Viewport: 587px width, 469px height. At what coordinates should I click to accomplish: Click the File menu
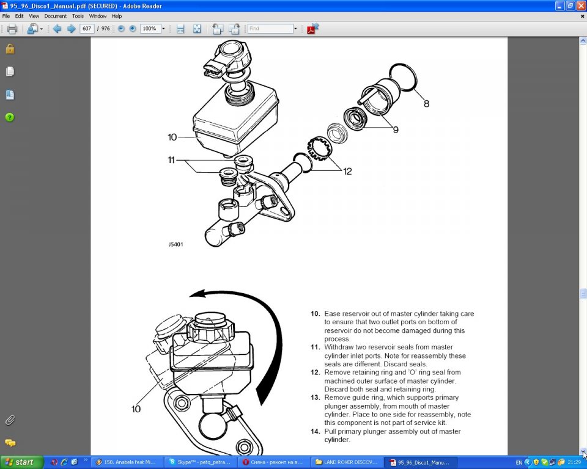click(x=6, y=16)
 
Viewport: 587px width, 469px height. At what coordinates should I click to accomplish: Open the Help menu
click(x=117, y=16)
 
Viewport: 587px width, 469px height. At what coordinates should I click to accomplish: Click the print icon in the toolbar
click(x=12, y=29)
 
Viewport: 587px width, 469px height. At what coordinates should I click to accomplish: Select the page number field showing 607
click(x=87, y=29)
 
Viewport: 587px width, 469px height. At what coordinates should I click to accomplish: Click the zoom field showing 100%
click(x=150, y=29)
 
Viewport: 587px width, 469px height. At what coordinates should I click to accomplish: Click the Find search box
click(x=270, y=29)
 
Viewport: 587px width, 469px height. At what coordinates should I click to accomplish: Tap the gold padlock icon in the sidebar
click(x=10, y=49)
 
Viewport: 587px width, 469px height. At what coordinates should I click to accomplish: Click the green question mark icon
click(x=10, y=117)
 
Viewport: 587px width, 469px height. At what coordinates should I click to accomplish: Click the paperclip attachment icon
click(x=10, y=420)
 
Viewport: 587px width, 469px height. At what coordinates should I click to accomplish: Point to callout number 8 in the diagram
click(x=426, y=104)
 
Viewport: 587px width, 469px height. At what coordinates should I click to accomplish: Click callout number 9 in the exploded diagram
click(x=396, y=129)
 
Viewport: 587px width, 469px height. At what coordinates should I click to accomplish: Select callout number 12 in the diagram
click(x=347, y=171)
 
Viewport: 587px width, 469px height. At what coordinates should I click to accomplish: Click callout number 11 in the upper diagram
click(x=171, y=160)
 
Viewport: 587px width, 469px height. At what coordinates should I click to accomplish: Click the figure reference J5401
click(x=175, y=244)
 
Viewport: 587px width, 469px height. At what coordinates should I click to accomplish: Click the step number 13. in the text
click(x=316, y=398)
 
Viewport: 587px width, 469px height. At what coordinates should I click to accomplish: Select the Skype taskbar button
click(x=201, y=462)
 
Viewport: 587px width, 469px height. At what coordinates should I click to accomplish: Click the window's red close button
click(x=581, y=5)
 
